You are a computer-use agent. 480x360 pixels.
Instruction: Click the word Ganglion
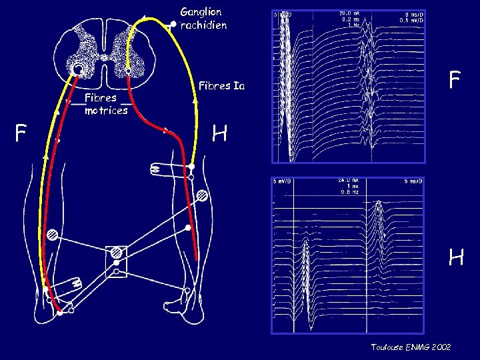pyautogui.click(x=201, y=12)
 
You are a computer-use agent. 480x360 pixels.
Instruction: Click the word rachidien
pyautogui.click(x=204, y=25)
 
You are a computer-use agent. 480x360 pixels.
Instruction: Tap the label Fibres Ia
pyautogui.click(x=221, y=86)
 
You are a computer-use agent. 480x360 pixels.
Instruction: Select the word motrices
pyautogui.click(x=106, y=111)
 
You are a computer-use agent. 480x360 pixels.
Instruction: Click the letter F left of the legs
pyautogui.click(x=21, y=135)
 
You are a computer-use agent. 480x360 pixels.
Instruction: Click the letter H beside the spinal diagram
pyautogui.click(x=220, y=135)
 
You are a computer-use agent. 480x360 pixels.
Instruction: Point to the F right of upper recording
pyautogui.click(x=455, y=81)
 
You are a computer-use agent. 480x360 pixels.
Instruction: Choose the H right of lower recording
pyautogui.click(x=456, y=257)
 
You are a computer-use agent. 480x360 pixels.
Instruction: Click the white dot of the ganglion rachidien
pyautogui.click(x=173, y=25)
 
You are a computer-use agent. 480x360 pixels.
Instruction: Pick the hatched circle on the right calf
pyautogui.click(x=201, y=196)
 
